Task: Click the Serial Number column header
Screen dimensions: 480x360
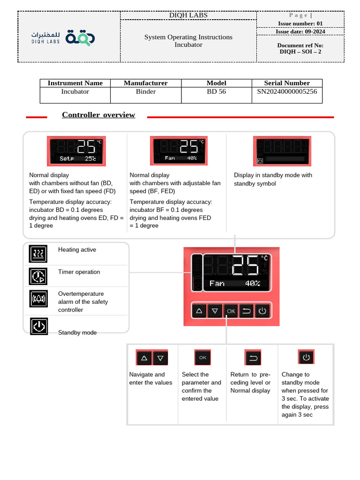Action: point(287,83)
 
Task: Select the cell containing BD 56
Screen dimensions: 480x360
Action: point(216,92)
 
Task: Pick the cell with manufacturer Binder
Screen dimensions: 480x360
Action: point(146,92)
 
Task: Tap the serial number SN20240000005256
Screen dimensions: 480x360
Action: point(287,92)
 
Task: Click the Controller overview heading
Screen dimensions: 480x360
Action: point(98,115)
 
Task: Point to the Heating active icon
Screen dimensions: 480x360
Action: point(39,254)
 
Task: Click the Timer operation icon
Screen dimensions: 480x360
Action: point(39,276)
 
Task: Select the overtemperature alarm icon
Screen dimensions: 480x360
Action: point(39,298)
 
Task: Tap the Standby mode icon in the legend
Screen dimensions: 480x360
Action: point(39,326)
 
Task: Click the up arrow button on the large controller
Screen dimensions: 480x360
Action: point(199,311)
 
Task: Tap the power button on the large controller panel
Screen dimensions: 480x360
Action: point(262,311)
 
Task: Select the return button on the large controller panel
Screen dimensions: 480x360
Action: point(246,311)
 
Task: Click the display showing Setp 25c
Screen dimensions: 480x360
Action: point(76,150)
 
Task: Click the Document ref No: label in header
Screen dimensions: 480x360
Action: point(300,45)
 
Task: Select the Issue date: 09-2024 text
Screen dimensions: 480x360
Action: point(300,31)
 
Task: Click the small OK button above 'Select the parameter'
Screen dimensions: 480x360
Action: point(202,357)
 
